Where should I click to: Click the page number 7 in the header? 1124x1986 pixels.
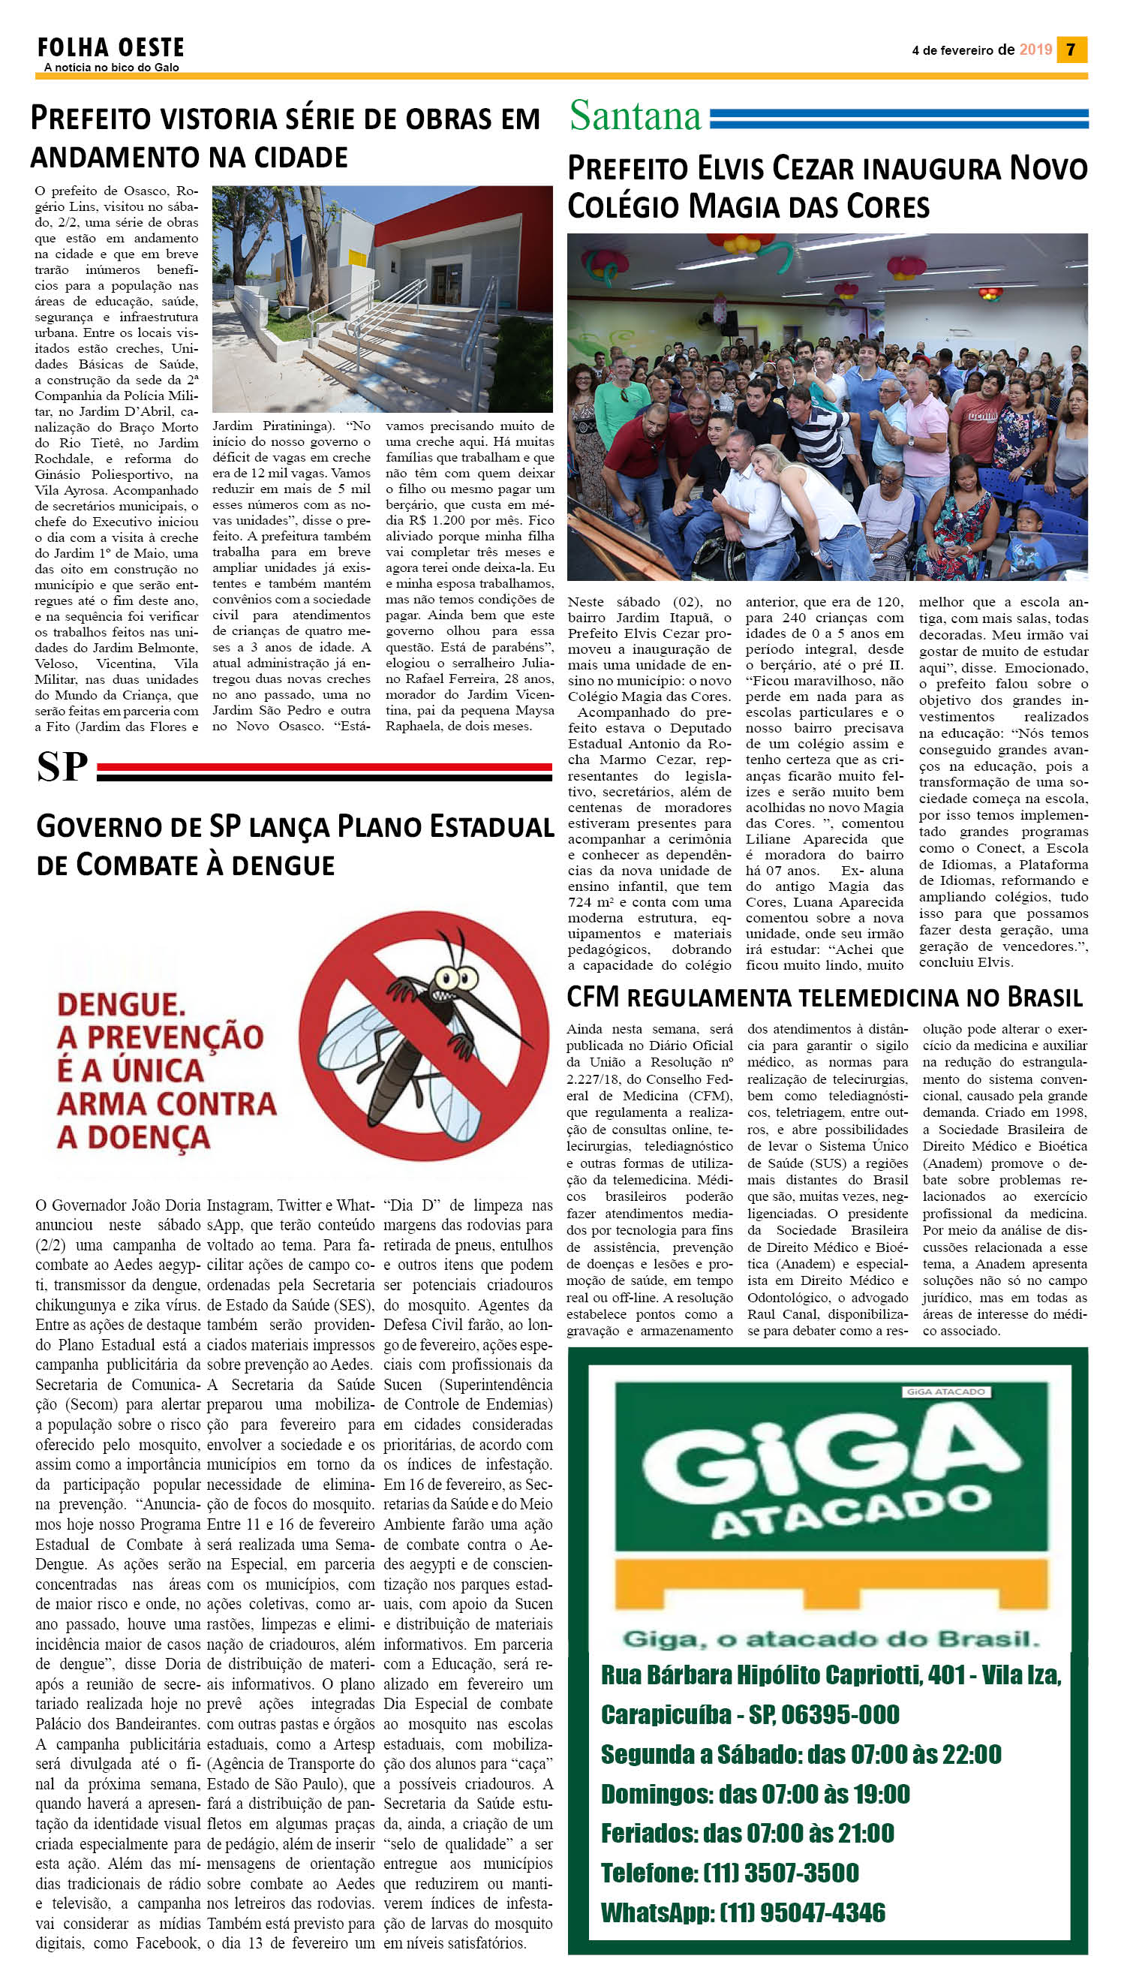(x=1071, y=50)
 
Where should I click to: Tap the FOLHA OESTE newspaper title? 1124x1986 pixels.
(x=110, y=48)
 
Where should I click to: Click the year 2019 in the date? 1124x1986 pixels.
(x=1035, y=50)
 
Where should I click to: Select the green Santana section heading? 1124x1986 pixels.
(x=635, y=116)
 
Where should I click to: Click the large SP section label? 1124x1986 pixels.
(x=62, y=767)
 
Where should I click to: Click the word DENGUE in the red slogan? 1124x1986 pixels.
(x=120, y=1004)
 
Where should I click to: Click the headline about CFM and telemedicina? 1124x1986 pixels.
(x=825, y=997)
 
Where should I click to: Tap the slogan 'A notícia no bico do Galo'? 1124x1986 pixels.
(x=111, y=68)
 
